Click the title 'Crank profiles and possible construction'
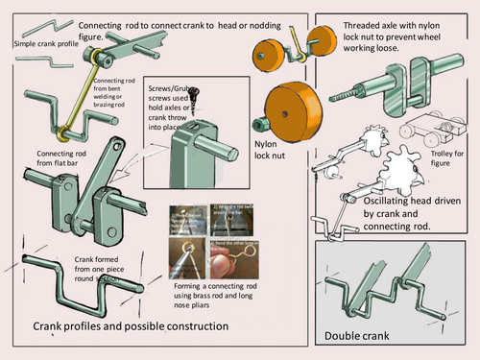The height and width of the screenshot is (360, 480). tap(131, 326)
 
